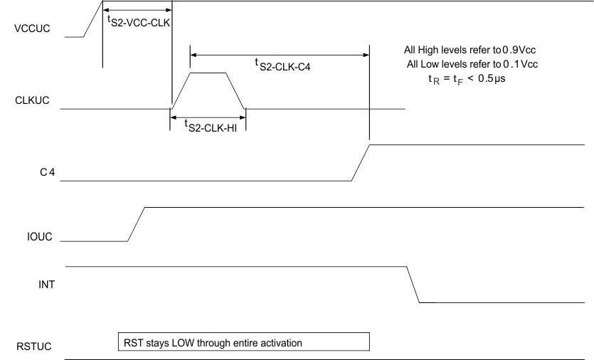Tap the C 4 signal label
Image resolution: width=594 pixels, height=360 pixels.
coord(47,173)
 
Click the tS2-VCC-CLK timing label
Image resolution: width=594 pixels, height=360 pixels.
coord(137,21)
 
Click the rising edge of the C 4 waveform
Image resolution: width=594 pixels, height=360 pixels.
coord(361,163)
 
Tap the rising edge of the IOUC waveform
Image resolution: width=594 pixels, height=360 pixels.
coord(137,224)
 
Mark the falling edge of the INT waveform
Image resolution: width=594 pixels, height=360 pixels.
coord(413,285)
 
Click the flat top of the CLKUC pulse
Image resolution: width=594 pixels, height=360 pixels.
coord(208,73)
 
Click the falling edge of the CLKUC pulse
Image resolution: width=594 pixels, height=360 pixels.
coord(235,91)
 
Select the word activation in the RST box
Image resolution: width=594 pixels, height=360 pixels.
coord(282,343)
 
